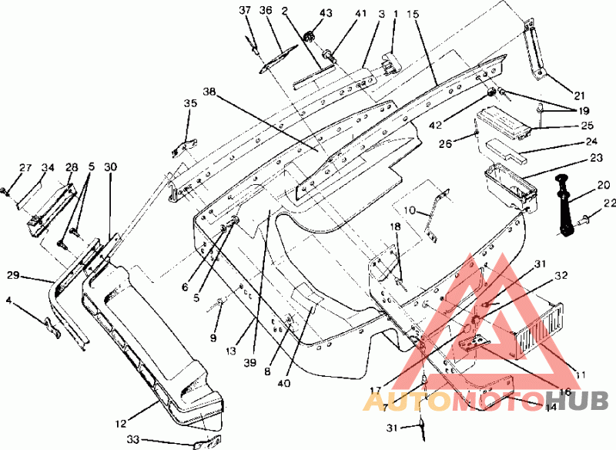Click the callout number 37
point(245,10)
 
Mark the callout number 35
point(190,103)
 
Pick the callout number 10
point(410,210)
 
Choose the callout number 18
point(394,227)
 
